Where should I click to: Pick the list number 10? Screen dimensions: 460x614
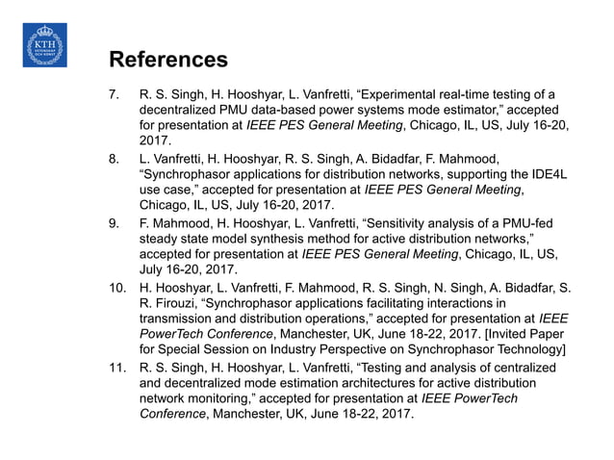[x=115, y=287]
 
